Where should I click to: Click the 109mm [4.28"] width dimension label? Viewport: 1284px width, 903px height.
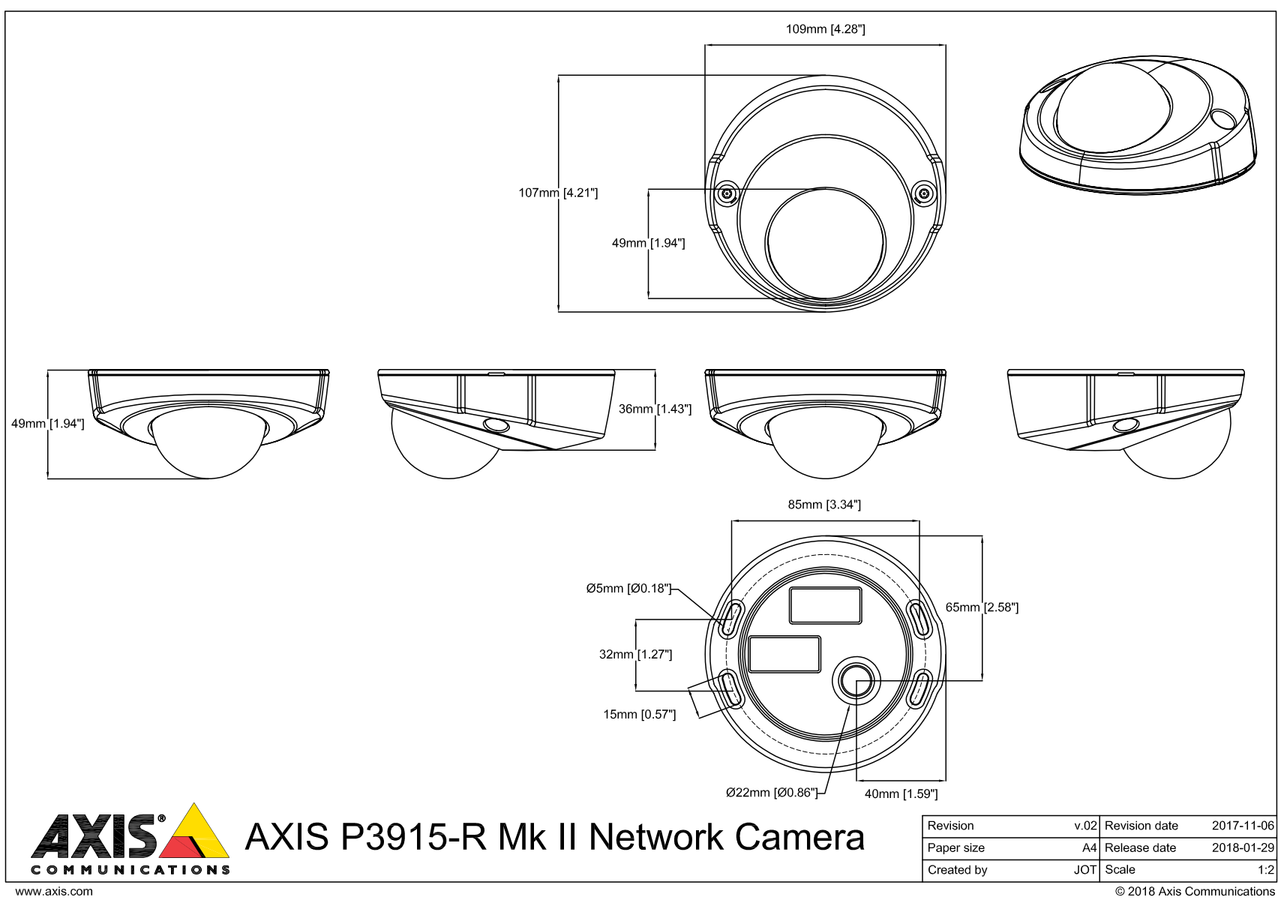[825, 29]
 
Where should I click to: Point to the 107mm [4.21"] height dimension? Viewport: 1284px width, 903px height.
[558, 193]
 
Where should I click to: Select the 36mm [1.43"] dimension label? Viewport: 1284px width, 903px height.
[655, 409]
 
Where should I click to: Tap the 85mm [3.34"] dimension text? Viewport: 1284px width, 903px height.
[824, 505]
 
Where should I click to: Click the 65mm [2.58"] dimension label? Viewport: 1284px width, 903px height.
[982, 607]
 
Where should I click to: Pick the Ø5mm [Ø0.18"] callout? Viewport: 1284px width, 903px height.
[628, 589]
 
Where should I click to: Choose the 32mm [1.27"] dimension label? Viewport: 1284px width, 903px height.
[635, 655]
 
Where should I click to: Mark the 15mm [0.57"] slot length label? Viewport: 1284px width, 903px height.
[639, 715]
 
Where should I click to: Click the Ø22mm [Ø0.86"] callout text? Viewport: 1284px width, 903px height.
[772, 793]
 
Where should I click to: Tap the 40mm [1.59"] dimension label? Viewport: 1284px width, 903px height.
[901, 794]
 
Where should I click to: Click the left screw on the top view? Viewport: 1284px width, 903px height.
[727, 194]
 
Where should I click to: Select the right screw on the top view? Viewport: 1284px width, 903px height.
[925, 194]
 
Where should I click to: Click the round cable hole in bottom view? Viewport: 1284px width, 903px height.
[856, 680]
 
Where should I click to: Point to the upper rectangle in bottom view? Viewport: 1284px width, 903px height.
[825, 606]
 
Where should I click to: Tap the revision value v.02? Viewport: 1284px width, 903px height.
[1085, 826]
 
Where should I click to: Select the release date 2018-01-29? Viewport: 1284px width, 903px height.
[1243, 848]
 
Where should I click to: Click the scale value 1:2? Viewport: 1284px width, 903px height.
[1266, 870]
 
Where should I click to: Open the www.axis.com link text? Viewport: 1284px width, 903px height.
[54, 892]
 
